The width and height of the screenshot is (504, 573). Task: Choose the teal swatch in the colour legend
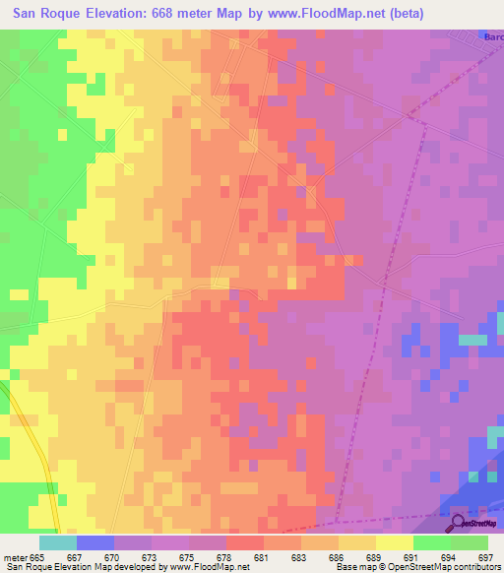click(58, 542)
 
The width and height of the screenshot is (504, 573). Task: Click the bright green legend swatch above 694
click(432, 542)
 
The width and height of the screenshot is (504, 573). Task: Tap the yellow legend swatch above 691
click(395, 542)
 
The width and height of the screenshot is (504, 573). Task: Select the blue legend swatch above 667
click(95, 542)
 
